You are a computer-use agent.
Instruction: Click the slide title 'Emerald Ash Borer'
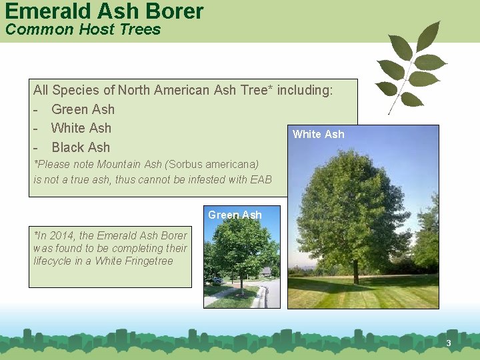[x=103, y=11]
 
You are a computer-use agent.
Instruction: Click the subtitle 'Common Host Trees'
[x=83, y=29]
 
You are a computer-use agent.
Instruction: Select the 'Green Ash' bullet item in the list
[x=83, y=109]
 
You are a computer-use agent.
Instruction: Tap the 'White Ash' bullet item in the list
[x=81, y=128]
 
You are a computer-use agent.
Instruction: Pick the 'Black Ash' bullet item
[x=80, y=147]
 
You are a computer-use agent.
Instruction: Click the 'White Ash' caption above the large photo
[x=319, y=134]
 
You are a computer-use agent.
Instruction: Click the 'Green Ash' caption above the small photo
[x=235, y=215]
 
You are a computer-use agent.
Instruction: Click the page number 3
[x=449, y=343]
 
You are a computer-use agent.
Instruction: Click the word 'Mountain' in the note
[x=119, y=164]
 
